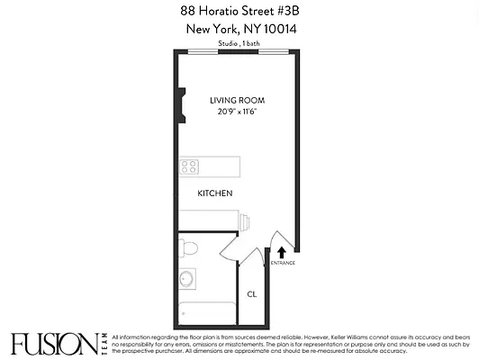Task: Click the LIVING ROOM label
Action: click(238, 100)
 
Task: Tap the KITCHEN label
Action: click(215, 193)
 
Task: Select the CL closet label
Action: click(253, 293)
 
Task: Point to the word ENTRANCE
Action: click(283, 263)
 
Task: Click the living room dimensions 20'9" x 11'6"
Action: click(238, 112)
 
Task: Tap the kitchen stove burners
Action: click(188, 166)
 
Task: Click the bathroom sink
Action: click(186, 278)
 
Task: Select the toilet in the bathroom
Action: click(189, 247)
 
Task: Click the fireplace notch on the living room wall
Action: click(182, 104)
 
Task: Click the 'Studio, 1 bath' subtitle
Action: click(239, 42)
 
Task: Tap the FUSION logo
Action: click(54, 343)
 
